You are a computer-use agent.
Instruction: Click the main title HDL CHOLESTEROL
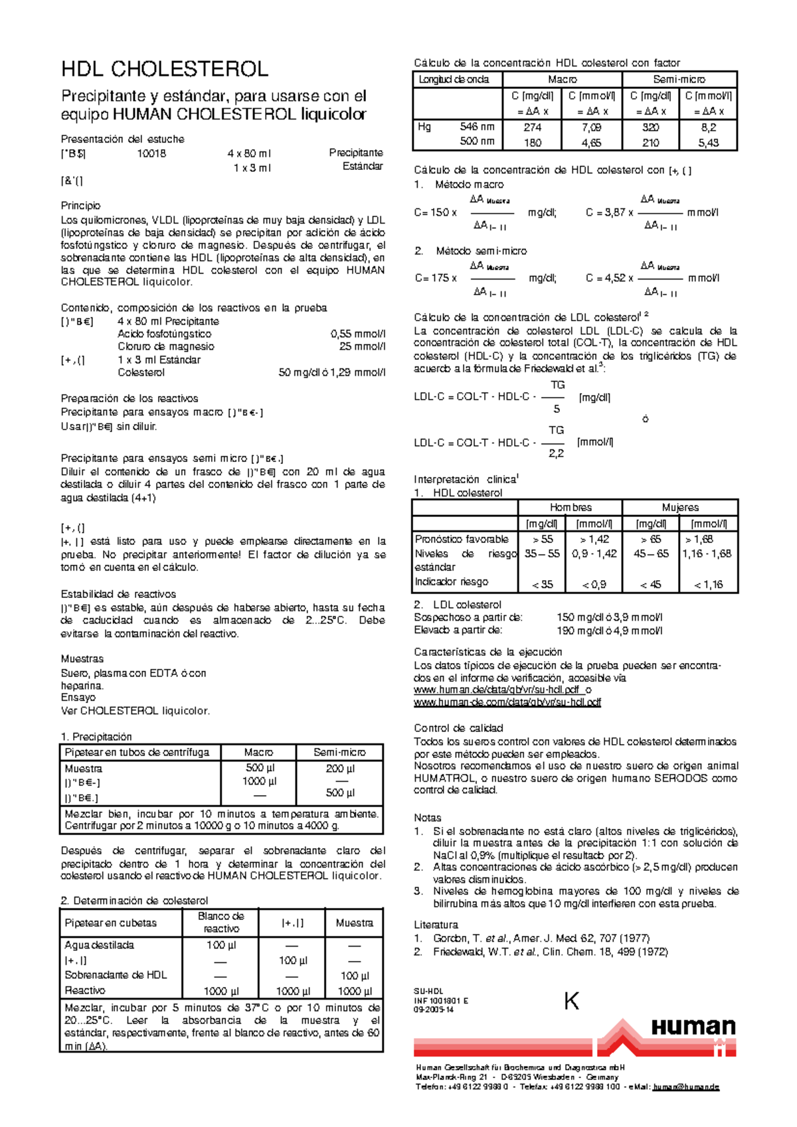click(x=165, y=69)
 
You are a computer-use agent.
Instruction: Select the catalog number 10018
click(x=151, y=153)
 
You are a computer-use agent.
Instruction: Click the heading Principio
click(x=80, y=206)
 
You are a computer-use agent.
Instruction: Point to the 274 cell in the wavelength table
click(x=532, y=127)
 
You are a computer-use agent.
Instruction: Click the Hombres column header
click(x=570, y=507)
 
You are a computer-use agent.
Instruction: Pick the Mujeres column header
click(x=679, y=507)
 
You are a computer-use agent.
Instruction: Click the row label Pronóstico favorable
click(x=462, y=539)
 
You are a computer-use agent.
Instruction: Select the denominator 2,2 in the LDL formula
click(x=556, y=453)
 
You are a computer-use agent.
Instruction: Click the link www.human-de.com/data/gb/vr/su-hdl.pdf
click(x=507, y=702)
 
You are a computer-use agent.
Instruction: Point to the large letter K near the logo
click(x=571, y=1001)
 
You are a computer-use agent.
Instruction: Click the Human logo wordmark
click(x=693, y=1027)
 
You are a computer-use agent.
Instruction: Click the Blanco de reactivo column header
click(x=221, y=922)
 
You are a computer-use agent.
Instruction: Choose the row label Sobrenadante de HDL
click(x=116, y=975)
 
